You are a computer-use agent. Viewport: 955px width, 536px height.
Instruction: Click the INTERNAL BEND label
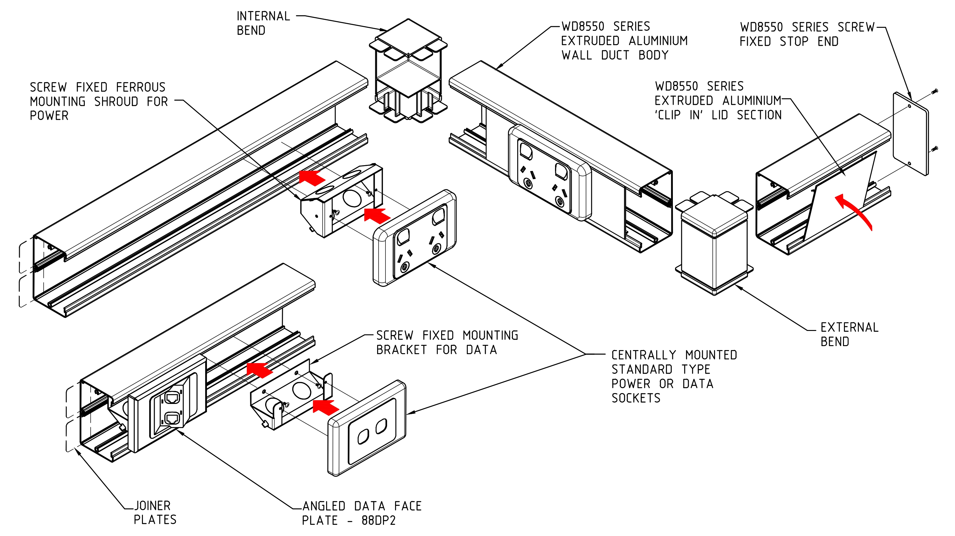263,23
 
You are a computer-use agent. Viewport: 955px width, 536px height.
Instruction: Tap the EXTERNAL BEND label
849,334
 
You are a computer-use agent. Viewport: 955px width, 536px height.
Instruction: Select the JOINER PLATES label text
155,512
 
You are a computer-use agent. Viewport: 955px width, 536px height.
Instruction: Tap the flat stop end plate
910,133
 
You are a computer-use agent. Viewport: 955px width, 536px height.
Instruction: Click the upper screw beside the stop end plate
935,91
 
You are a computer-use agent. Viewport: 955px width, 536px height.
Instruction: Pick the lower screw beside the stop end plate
935,149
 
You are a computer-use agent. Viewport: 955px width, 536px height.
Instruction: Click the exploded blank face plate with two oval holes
367,428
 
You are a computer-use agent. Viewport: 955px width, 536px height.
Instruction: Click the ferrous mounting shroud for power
341,200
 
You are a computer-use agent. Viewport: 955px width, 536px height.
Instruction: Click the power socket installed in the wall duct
549,172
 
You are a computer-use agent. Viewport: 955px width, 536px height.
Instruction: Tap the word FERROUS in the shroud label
140,87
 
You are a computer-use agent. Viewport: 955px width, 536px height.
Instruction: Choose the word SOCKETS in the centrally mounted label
636,398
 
